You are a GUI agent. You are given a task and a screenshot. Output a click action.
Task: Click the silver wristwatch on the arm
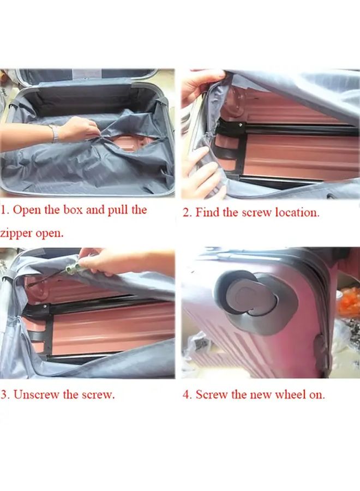click(55, 133)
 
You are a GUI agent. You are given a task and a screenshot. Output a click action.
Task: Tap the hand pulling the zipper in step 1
click(79, 130)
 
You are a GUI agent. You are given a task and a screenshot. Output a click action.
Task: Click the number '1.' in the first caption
click(4, 210)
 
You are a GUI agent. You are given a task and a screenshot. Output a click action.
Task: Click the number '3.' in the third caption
click(5, 394)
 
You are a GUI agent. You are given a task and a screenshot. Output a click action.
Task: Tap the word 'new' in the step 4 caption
click(260, 394)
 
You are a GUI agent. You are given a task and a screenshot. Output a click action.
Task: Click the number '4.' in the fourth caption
click(187, 394)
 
